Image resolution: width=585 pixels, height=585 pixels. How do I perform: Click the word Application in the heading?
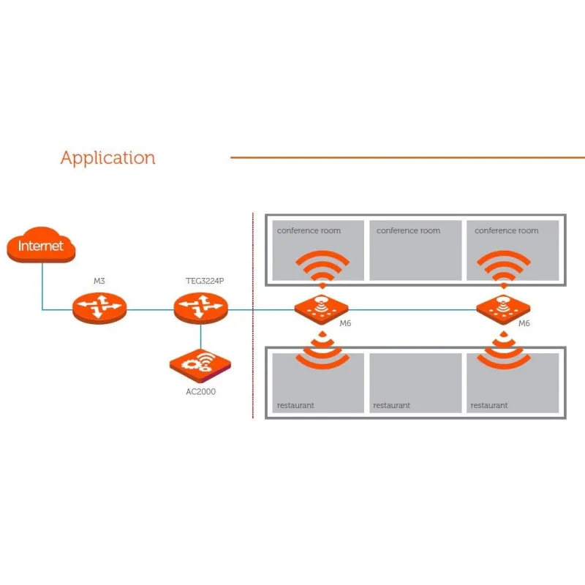tap(107, 158)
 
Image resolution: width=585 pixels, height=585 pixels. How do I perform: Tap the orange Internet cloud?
tap(41, 246)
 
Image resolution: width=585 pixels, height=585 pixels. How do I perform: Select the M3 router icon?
tap(99, 309)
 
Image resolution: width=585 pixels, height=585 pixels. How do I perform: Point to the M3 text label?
tap(99, 282)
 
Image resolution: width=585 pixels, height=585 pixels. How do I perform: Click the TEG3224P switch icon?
tap(201, 309)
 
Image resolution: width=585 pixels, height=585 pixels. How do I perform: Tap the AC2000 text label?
tap(200, 392)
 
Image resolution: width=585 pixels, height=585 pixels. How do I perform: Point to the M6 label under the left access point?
tap(346, 323)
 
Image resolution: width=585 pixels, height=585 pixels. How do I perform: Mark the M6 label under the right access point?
tap(524, 323)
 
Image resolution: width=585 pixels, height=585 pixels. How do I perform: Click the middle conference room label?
tap(408, 231)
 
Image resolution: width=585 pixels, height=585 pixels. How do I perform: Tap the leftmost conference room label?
tap(309, 231)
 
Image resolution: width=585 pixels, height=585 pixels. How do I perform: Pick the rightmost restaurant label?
tap(489, 405)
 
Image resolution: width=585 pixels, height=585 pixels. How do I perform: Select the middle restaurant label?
tap(391, 405)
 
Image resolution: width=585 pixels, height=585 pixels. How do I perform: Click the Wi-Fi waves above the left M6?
tap(321, 268)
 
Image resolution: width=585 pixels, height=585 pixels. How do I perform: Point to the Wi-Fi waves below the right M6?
tap(503, 350)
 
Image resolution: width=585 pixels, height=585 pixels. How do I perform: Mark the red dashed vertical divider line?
tap(253, 351)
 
